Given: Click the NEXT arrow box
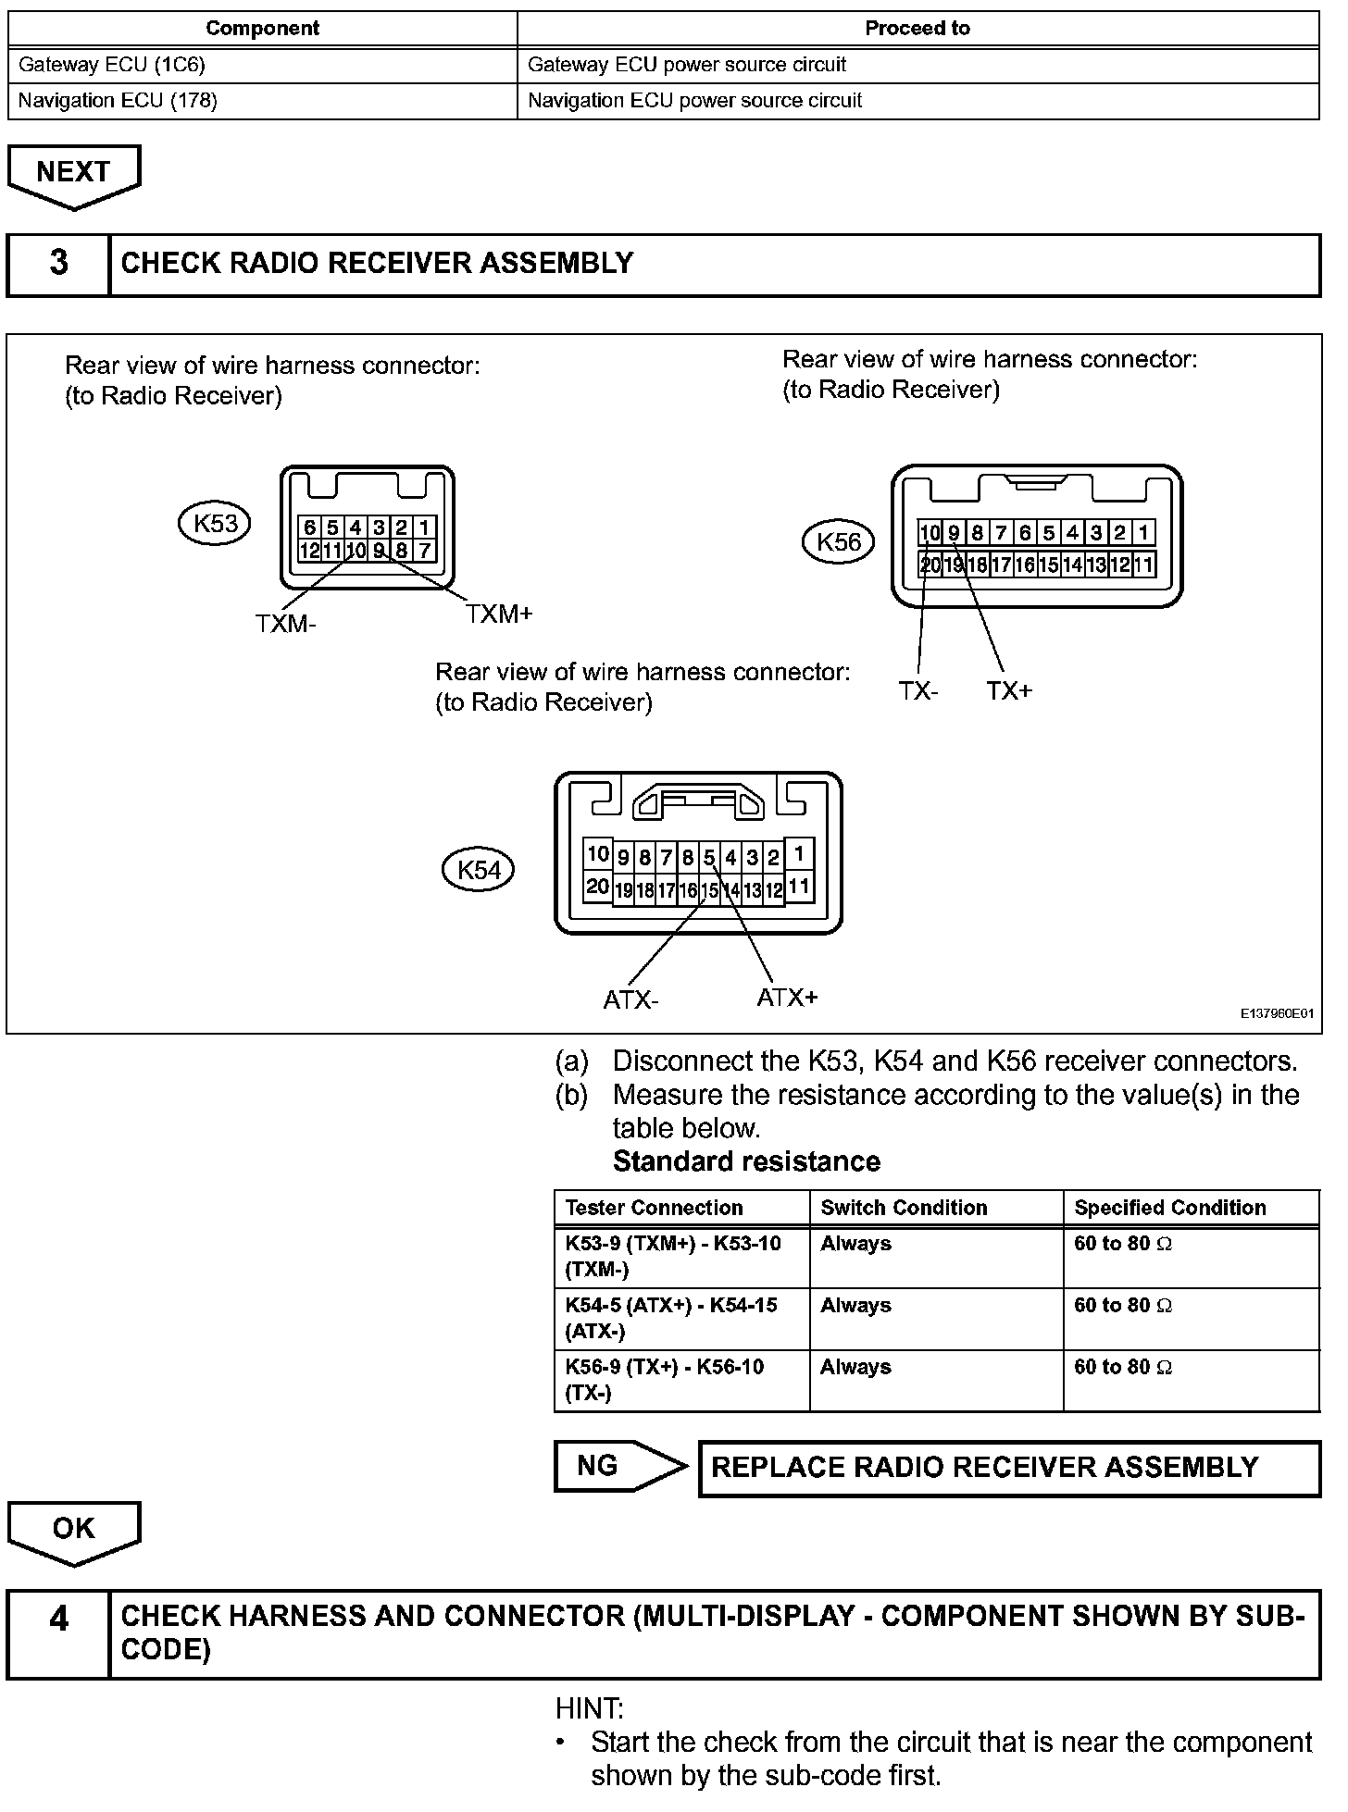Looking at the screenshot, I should pos(73,173).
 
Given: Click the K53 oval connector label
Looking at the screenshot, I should pos(215,524).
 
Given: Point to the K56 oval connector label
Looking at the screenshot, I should pos(839,541).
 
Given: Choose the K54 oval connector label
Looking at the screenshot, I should pos(479,870).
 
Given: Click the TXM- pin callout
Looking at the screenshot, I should pos(285,624).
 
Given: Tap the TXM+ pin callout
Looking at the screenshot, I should pos(499,614).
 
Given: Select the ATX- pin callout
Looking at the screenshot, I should pos(630,999).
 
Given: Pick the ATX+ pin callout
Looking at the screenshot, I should pos(787,997).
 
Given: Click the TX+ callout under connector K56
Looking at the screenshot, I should pos(1008,690).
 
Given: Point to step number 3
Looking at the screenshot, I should pos(58,264).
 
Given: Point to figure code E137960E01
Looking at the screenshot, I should pos(1277,1014).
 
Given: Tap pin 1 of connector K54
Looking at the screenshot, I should pos(798,853).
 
